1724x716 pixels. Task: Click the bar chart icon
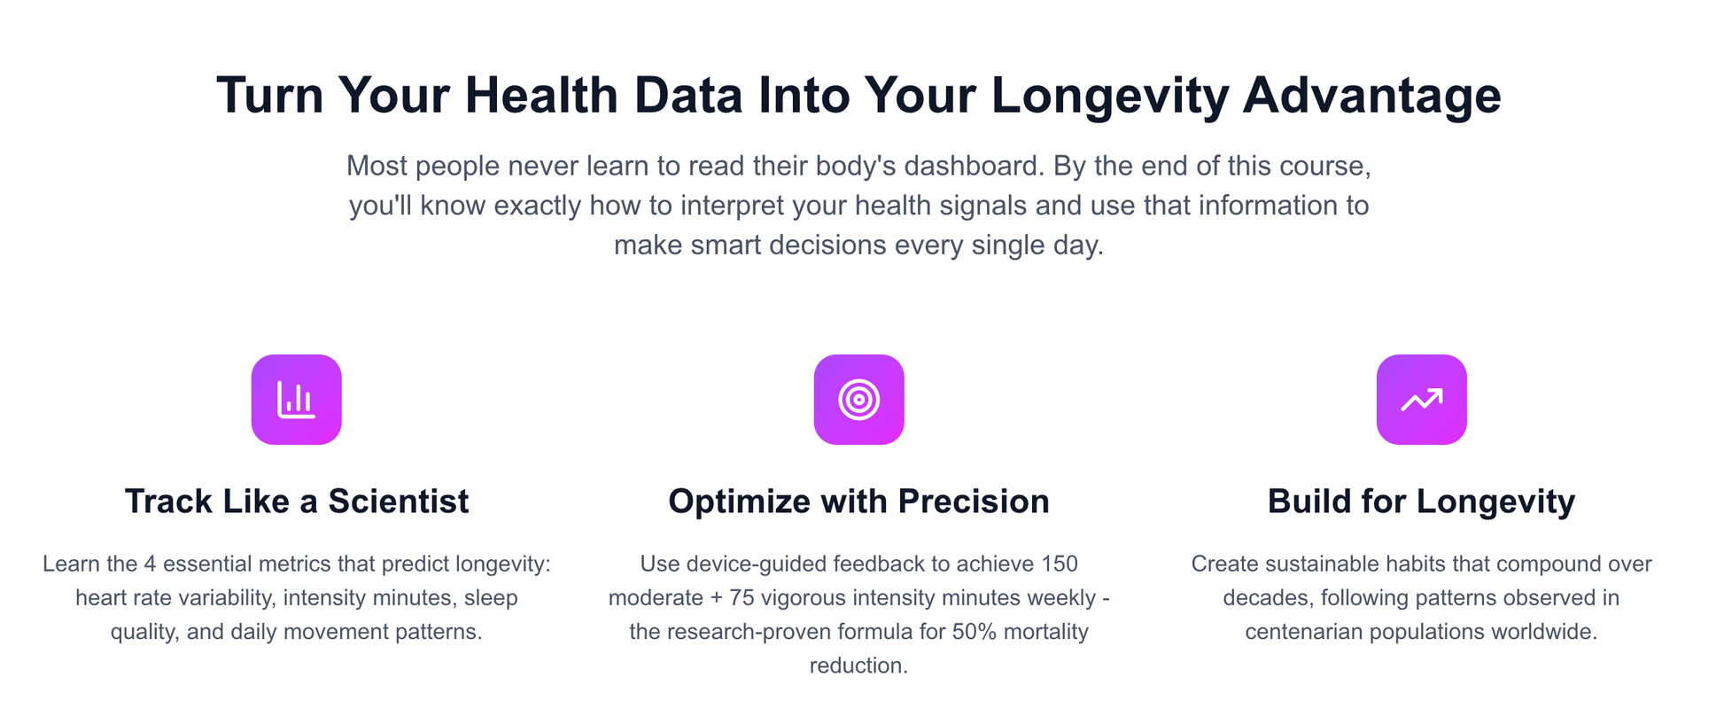(x=296, y=400)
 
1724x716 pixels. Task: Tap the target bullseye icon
(x=858, y=400)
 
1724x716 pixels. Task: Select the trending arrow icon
(x=1421, y=400)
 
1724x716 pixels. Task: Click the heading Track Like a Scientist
(x=297, y=502)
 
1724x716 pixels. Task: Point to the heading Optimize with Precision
(x=858, y=502)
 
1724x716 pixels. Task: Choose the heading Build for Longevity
(x=1421, y=502)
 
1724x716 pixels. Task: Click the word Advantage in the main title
(x=1371, y=95)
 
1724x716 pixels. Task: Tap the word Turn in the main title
(x=270, y=95)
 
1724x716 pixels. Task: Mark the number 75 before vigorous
(x=742, y=598)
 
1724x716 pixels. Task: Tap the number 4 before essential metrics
(x=150, y=564)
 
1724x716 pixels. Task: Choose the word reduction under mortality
(x=858, y=665)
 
